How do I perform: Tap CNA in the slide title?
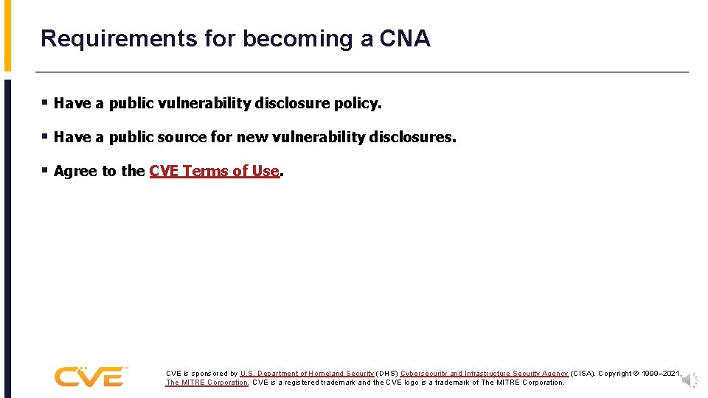click(405, 39)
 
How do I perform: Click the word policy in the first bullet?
click(357, 104)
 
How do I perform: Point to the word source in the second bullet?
click(184, 138)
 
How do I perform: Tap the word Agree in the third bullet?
click(75, 172)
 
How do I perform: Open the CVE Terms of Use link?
click(214, 172)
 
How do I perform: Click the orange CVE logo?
click(91, 377)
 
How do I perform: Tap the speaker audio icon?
click(690, 380)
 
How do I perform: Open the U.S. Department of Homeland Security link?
click(307, 374)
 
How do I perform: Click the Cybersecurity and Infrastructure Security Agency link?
click(485, 374)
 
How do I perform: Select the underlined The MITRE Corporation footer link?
click(206, 383)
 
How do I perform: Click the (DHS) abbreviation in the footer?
click(386, 374)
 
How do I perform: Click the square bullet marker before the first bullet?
click(46, 103)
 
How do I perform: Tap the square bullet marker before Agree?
click(46, 171)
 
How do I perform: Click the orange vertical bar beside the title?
click(7, 35)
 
